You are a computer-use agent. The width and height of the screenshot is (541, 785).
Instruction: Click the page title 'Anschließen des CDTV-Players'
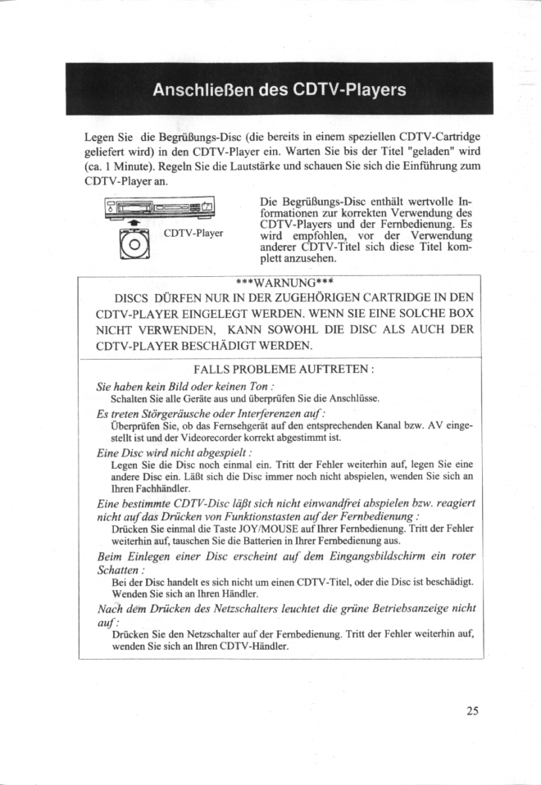click(x=279, y=89)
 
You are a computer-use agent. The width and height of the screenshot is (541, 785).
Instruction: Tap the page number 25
click(x=471, y=710)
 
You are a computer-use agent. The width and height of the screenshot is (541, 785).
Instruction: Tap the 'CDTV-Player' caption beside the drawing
click(x=194, y=233)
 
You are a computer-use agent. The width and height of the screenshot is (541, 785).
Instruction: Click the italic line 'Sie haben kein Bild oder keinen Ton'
click(x=184, y=385)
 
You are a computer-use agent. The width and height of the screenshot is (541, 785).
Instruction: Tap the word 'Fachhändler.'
click(x=121, y=489)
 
